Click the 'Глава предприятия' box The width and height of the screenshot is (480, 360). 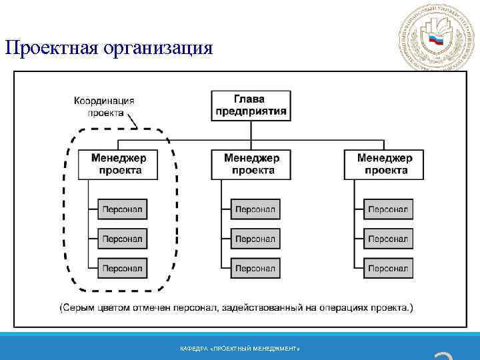point(252,105)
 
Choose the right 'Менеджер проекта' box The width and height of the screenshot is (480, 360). point(385,164)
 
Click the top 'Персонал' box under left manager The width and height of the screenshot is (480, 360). point(123,209)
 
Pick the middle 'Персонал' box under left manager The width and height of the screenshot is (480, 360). point(123,239)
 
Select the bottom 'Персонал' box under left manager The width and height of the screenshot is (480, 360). point(123,268)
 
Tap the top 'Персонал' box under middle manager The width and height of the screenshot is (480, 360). point(255,209)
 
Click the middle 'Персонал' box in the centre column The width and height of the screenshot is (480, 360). point(255,239)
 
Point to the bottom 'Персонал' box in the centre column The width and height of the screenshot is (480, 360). point(255,268)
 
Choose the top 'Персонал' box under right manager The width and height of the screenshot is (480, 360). point(388,209)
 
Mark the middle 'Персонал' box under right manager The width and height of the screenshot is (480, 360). point(388,239)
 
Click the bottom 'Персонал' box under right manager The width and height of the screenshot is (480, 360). point(388,268)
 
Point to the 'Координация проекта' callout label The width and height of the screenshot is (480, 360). point(105,107)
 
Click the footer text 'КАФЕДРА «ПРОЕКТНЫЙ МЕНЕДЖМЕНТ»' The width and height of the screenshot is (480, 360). point(240,349)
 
